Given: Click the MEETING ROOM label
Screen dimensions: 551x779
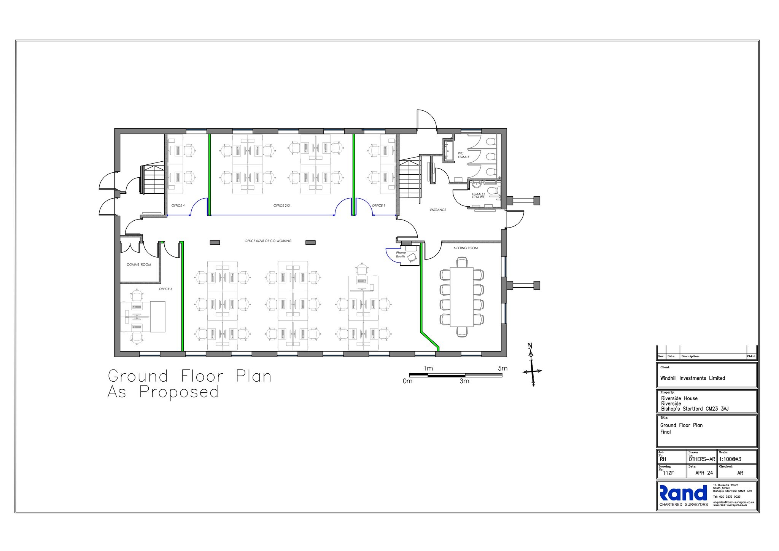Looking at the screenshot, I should pyautogui.click(x=465, y=248).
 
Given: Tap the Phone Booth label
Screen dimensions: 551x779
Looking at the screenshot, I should pyautogui.click(x=401, y=254).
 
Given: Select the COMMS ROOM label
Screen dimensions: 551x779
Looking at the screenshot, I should pyautogui.click(x=139, y=264).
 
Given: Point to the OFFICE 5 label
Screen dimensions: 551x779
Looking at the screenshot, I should pyautogui.click(x=165, y=289).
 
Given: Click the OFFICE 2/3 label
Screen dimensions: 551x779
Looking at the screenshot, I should pyautogui.click(x=281, y=205).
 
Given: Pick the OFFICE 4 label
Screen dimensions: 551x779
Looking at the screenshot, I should pyautogui.click(x=178, y=205).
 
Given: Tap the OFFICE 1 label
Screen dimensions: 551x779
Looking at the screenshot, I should pyautogui.click(x=378, y=205).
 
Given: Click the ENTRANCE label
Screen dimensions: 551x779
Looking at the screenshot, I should pyautogui.click(x=438, y=210).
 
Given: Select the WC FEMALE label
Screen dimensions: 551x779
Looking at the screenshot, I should pyautogui.click(x=463, y=155).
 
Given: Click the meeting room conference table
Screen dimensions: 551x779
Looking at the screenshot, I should pyautogui.click(x=461, y=297).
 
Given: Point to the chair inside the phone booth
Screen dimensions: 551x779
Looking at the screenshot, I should pyautogui.click(x=412, y=258).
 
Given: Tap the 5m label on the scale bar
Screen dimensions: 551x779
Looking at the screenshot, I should pyautogui.click(x=502, y=368).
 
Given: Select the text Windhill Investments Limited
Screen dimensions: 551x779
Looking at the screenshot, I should pyautogui.click(x=692, y=378).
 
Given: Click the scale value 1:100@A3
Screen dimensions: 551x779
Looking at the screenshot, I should pyautogui.click(x=730, y=459).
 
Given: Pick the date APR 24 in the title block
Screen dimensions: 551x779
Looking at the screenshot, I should pyautogui.click(x=704, y=473).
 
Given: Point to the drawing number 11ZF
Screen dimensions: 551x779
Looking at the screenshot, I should pyautogui.click(x=668, y=473).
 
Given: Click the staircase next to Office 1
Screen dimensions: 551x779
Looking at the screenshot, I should pyautogui.click(x=410, y=179).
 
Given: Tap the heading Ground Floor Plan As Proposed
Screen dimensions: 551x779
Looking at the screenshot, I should pyautogui.click(x=189, y=384).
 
